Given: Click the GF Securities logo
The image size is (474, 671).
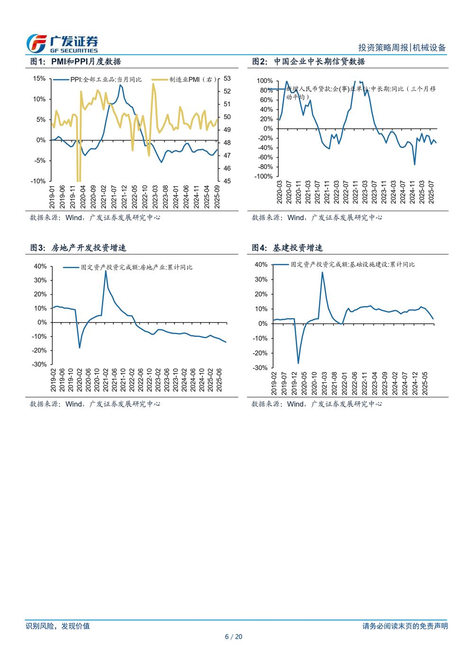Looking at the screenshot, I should click(x=62, y=44).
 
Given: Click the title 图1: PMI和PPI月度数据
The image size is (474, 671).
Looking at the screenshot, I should click(x=75, y=62).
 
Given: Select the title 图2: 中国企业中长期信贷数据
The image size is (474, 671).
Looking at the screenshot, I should click(x=308, y=62).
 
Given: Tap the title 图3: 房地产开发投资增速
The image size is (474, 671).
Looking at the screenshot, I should click(x=78, y=248).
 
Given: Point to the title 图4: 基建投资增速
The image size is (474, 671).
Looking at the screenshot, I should click(x=287, y=248).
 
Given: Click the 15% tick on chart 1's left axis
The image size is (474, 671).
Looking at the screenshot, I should click(x=39, y=79).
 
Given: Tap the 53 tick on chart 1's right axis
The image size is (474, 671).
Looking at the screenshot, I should click(x=227, y=79).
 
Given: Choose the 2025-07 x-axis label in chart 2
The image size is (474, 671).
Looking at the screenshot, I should click(x=431, y=192).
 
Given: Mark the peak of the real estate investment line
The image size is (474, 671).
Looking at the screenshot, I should click(x=106, y=271).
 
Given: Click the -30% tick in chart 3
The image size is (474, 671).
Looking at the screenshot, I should click(x=40, y=364).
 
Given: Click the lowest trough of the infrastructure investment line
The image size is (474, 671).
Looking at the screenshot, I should click(x=298, y=363).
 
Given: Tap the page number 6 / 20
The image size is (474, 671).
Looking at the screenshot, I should click(x=233, y=637).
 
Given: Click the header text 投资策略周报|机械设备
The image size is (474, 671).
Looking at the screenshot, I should click(x=402, y=47).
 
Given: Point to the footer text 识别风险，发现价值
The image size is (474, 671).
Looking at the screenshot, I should click(x=58, y=626).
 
